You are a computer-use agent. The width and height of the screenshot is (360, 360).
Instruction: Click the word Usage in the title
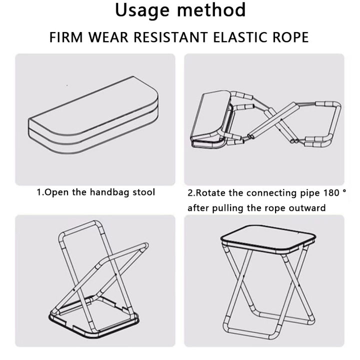coord(143,10)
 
